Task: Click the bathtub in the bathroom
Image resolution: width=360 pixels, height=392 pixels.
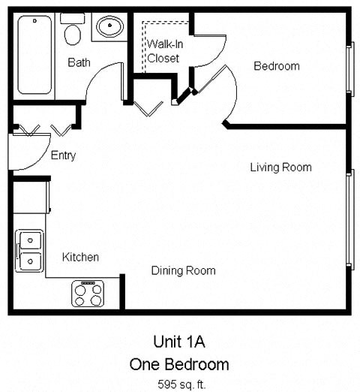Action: pos(34,56)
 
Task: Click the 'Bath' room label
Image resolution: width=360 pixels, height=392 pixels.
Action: pos(79,62)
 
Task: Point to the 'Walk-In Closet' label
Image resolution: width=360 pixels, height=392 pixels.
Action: pos(163,51)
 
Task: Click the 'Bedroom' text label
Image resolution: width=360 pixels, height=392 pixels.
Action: pos(276,66)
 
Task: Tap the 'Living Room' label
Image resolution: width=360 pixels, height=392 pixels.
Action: pos(280,167)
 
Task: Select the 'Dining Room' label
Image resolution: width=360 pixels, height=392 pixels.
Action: pos(183,270)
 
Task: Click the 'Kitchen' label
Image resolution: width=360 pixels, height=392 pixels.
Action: pos(80,257)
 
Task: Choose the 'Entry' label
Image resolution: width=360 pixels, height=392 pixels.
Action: pos(63,155)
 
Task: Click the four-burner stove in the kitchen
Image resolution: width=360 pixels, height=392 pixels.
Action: pos(87,293)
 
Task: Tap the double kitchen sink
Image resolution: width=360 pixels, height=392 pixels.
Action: pos(30,251)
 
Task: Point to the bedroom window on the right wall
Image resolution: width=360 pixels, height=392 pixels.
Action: pos(349,68)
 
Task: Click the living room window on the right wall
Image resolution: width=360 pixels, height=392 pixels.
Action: pos(349,219)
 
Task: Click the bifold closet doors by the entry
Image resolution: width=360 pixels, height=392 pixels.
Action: pos(43,130)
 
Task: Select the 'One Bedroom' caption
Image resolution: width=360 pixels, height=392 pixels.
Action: pos(179,364)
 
